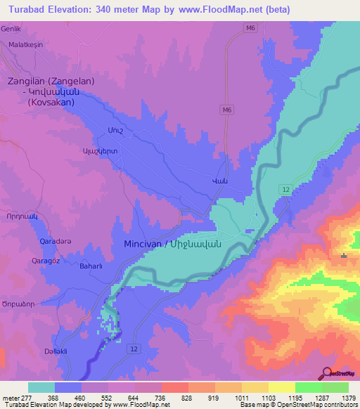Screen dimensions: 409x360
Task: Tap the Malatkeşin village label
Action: click(26, 44)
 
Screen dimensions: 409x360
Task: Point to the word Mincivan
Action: click(137, 245)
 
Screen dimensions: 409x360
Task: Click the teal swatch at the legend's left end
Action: click(41, 387)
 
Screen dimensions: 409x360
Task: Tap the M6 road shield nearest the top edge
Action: click(250, 27)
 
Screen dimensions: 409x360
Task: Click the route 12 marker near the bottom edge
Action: click(132, 349)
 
